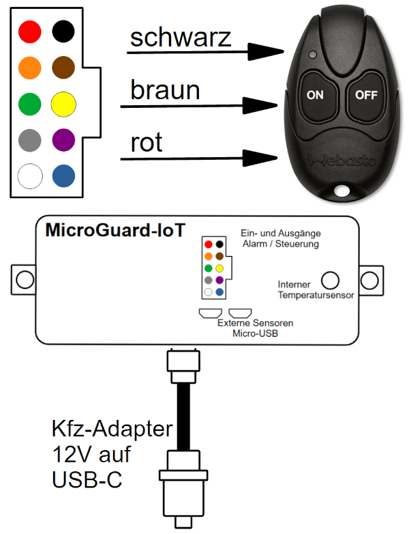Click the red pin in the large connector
coord(30,31)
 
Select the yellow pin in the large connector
coord(63,104)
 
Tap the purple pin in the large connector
coord(63,140)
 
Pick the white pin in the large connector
coord(30,176)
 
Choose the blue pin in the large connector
coord(63,176)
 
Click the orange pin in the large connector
coord(30,68)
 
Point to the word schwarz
coord(181,38)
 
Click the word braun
coord(165,90)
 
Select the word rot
coord(147,142)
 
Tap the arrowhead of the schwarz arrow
coord(266,52)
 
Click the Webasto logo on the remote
coord(342,160)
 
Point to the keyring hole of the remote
coord(342,191)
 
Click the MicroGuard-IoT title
coord(115,230)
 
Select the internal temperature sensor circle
coord(330,280)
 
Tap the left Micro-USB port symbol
coord(211,313)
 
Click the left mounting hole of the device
coord(25,280)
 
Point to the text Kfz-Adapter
coord(112,428)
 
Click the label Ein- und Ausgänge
coord(280,234)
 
